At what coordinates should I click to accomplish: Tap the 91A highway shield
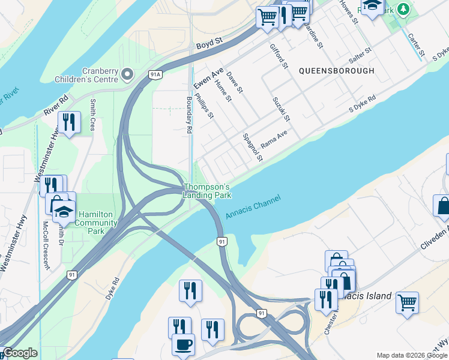[x=155, y=74]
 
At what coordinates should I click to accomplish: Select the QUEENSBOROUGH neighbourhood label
[x=337, y=71]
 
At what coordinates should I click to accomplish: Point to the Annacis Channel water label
[x=253, y=210]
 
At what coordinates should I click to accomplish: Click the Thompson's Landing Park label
[x=206, y=191]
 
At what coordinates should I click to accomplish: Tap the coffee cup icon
[x=183, y=344]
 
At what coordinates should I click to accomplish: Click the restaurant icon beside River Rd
[x=69, y=122]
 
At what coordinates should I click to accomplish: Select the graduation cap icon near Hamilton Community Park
[x=63, y=212]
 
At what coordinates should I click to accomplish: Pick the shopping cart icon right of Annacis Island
[x=407, y=302]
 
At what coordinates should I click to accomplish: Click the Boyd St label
[x=209, y=43]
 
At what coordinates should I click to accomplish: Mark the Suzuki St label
[x=281, y=109]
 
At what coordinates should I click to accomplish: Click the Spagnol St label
[x=253, y=148]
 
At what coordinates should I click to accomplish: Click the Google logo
[x=20, y=353]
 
